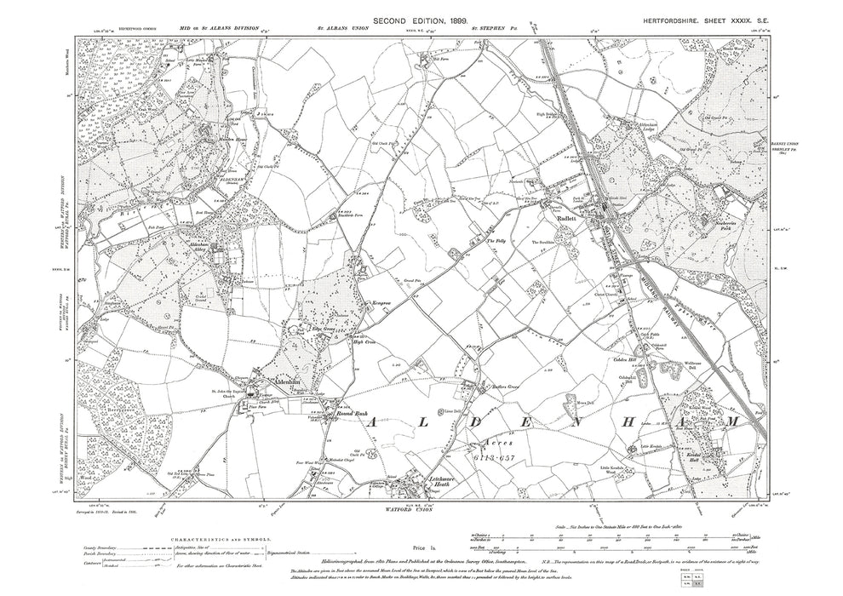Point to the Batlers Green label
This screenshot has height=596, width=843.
tap(497, 383)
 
